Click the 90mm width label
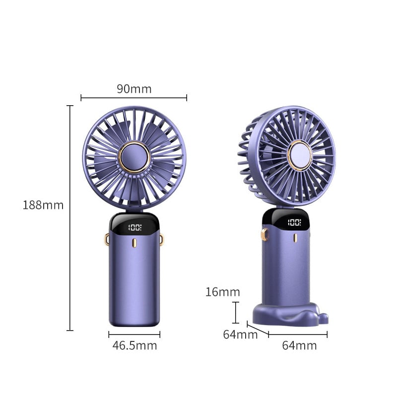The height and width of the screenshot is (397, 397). (134, 89)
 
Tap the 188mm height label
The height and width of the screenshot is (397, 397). (43, 204)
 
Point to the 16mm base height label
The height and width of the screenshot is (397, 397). (223, 292)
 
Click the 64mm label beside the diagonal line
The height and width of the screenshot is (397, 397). (240, 334)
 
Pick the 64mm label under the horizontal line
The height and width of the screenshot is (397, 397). (299, 345)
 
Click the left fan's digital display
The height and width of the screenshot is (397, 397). (134, 228)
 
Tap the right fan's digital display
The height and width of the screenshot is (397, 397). (294, 223)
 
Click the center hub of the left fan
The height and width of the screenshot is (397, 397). (134, 157)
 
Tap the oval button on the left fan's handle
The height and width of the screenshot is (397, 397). (134, 244)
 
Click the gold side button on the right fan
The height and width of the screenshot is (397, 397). (265, 234)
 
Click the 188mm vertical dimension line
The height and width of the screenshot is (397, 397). (70, 218)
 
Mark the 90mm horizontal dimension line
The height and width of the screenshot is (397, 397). (134, 98)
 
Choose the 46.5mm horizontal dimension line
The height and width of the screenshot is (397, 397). (134, 334)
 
